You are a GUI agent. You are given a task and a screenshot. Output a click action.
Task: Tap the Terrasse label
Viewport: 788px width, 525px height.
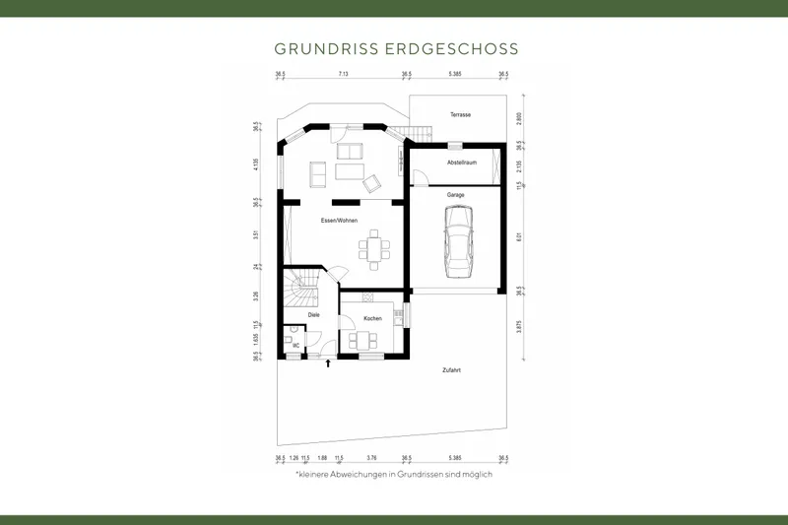click(460, 115)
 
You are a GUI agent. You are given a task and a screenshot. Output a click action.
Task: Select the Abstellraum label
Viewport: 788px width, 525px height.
click(461, 162)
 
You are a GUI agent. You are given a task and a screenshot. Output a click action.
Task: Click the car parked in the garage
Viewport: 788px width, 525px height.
click(459, 245)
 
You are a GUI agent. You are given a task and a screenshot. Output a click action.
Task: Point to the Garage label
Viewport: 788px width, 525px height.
click(455, 195)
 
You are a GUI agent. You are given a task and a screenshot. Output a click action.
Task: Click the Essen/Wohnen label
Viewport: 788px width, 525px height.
click(339, 220)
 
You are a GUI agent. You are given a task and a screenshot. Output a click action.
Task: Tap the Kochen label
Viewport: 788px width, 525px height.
click(372, 318)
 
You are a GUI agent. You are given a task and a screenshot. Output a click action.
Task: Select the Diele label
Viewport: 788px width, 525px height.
click(314, 315)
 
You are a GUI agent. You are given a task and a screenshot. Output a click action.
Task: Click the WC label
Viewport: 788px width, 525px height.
click(295, 346)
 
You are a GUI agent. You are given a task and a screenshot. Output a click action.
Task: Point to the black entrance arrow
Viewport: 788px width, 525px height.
click(328, 363)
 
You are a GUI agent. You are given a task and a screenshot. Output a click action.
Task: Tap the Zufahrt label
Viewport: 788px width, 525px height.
click(453, 370)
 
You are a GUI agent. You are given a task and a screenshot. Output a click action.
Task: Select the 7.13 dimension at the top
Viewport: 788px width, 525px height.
click(343, 74)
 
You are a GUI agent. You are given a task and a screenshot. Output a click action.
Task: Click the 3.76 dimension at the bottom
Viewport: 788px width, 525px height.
click(371, 458)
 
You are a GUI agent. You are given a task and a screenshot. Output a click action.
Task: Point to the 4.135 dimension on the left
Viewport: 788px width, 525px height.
click(256, 164)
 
